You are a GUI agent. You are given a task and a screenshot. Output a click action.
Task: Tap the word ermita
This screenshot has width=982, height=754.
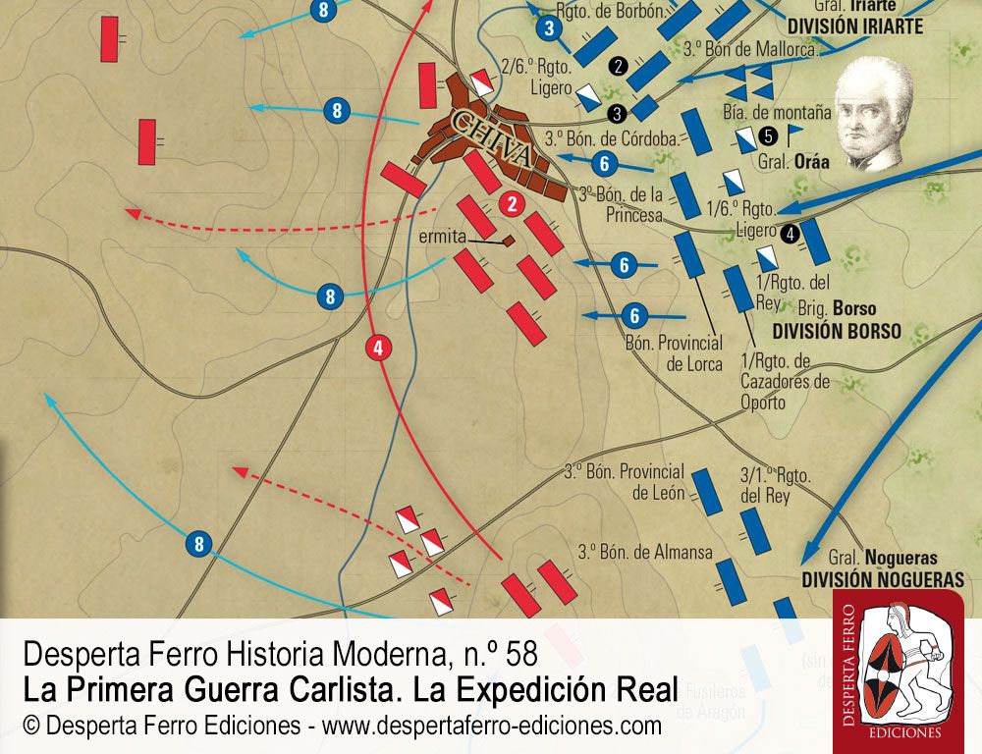coord(441,237)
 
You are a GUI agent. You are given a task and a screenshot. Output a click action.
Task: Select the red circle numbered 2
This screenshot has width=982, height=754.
coord(511,204)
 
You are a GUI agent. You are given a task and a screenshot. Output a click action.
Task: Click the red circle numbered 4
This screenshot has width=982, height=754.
coord(379,347)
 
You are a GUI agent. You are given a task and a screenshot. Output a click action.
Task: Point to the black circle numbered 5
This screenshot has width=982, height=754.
coord(768,135)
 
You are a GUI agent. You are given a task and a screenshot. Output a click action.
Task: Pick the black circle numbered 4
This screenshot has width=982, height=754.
coord(790,234)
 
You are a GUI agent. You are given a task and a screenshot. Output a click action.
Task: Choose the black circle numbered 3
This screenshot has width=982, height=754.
coord(616,112)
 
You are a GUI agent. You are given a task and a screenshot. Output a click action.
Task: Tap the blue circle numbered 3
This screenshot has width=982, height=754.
coord(550,28)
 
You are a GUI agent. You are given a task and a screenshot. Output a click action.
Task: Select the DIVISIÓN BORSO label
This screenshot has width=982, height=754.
coord(836,331)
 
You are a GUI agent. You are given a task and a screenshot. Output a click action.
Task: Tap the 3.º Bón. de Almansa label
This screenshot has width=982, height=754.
coord(645,552)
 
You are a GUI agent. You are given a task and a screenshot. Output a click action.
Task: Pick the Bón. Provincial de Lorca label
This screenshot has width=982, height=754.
coord(674,353)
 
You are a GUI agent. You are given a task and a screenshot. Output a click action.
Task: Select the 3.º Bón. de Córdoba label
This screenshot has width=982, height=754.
coord(611,138)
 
